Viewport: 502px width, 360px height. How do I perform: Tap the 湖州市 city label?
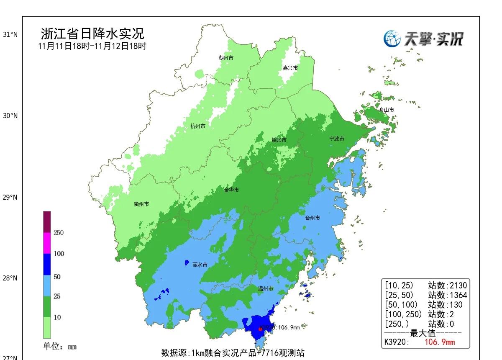(226, 58)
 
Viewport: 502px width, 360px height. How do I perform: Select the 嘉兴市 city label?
(290, 68)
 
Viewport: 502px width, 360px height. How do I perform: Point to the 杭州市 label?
(198, 126)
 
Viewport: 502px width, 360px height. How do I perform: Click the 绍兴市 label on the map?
(279, 140)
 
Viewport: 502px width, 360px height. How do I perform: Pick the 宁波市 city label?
(337, 139)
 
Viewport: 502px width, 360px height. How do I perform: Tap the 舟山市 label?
(386, 110)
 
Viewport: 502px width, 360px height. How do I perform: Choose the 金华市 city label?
(231, 190)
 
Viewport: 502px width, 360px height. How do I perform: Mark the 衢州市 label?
(141, 204)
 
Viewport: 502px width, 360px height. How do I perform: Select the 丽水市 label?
(200, 265)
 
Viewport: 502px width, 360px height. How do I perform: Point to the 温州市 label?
(265, 289)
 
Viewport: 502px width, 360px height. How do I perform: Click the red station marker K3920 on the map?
(260, 329)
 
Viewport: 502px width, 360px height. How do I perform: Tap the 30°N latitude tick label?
(10, 116)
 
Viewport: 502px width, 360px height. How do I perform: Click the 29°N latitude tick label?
(10, 197)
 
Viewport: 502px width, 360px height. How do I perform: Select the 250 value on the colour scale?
(58, 233)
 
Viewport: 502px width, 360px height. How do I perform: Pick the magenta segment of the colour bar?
(47, 243)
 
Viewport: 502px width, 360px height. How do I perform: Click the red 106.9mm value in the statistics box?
(439, 342)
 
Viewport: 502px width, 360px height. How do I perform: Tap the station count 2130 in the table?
(458, 286)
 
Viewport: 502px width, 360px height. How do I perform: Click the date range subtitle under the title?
(92, 46)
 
